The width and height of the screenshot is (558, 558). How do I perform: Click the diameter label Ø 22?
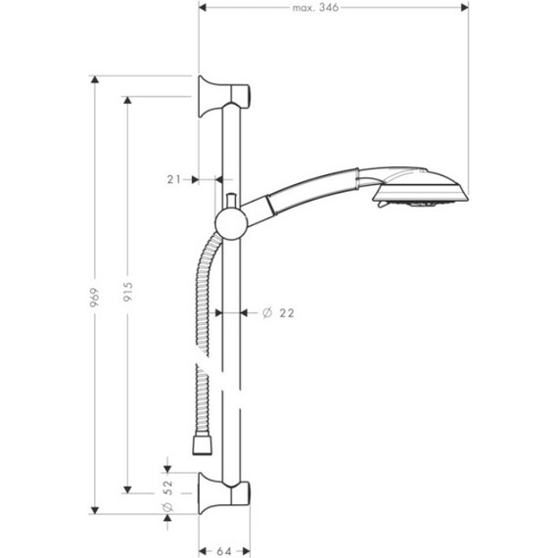click(279, 313)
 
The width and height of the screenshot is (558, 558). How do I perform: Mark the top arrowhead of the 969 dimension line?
click(95, 78)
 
